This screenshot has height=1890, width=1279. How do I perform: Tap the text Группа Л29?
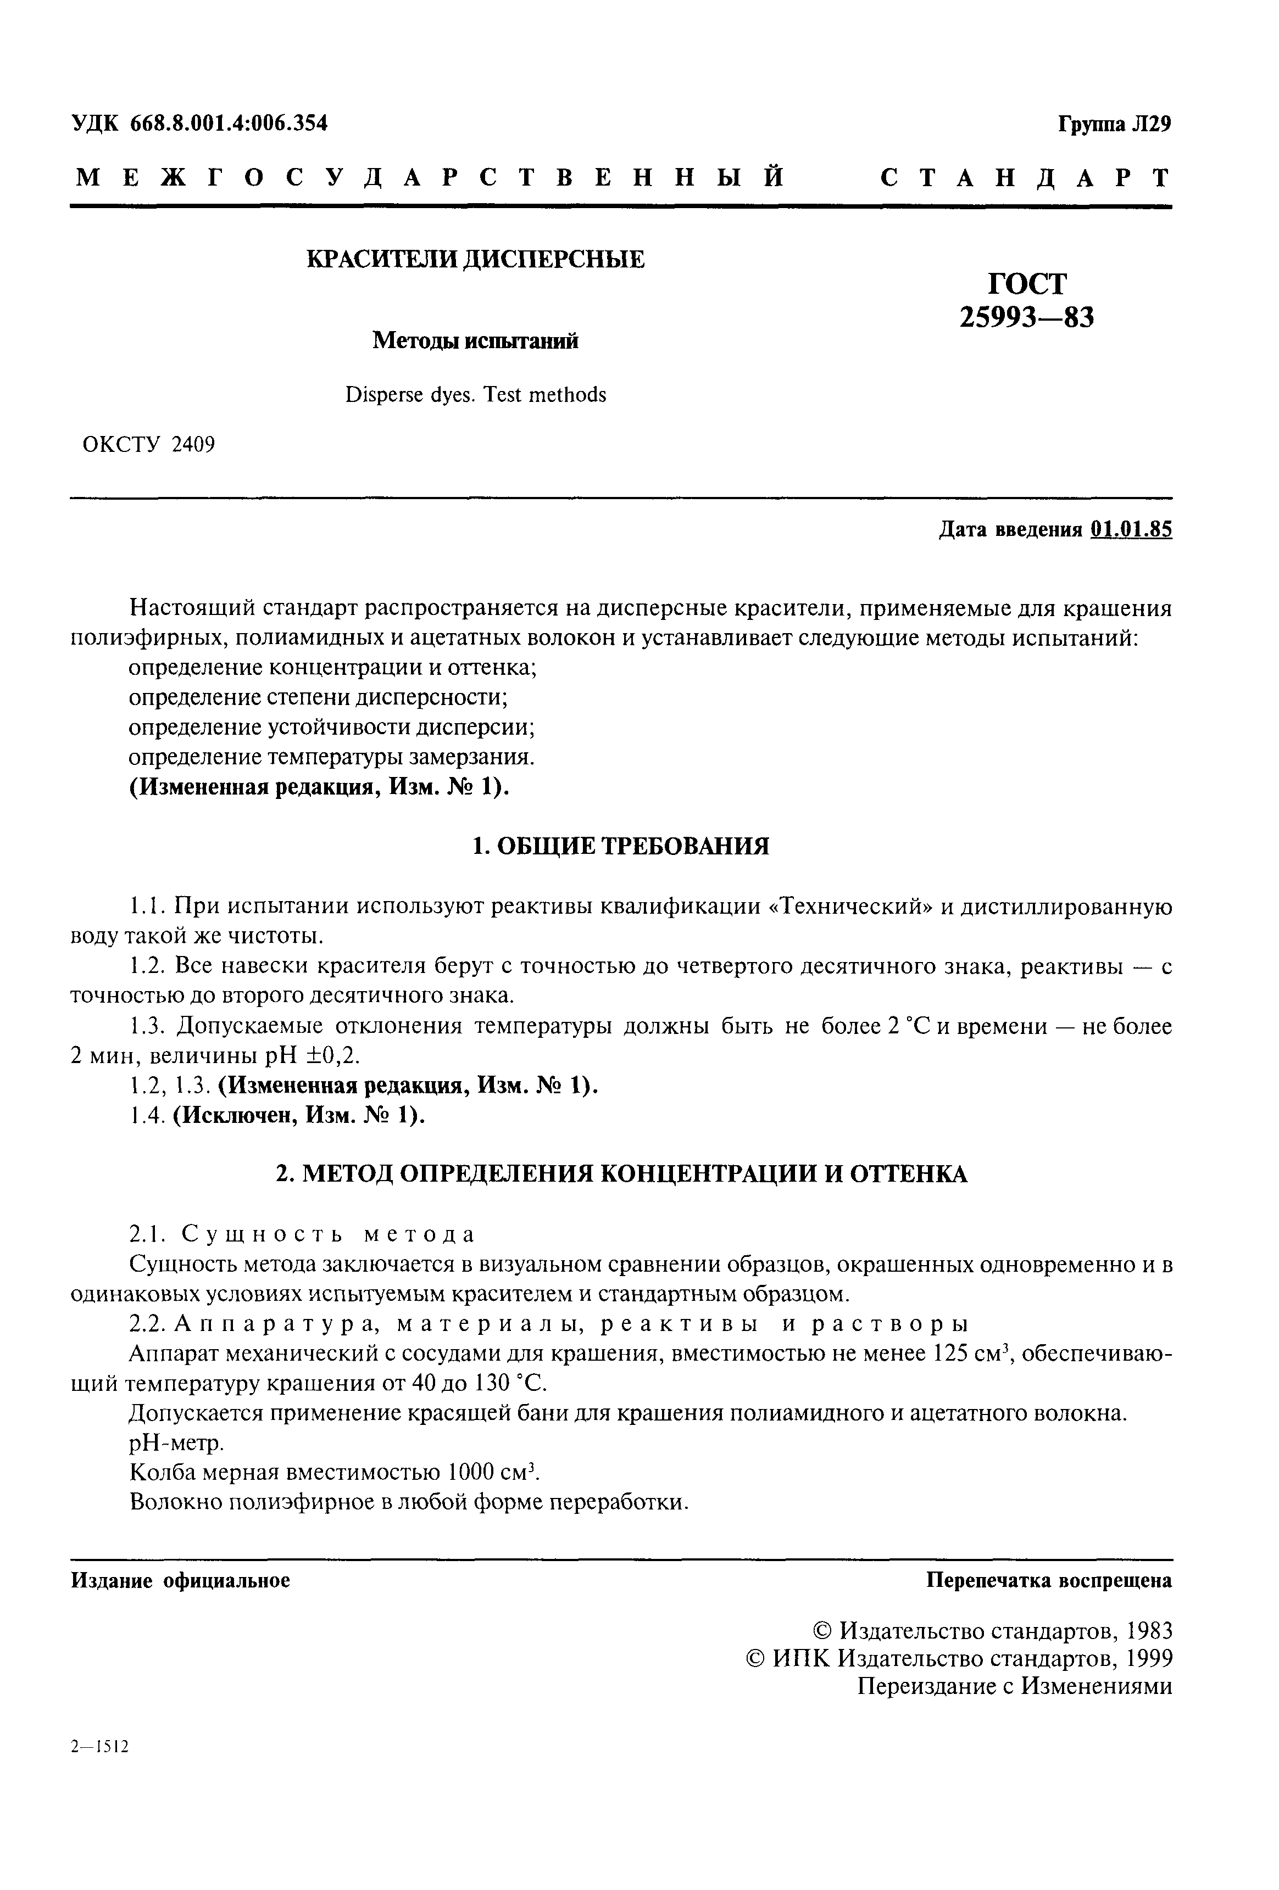(1115, 125)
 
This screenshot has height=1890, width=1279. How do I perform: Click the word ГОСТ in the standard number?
(1027, 284)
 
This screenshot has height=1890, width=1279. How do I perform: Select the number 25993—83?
(1027, 317)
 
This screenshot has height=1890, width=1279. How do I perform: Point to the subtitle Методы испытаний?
(476, 341)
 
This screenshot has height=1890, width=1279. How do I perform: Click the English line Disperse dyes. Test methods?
(476, 395)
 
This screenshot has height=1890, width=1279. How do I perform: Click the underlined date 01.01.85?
(1131, 530)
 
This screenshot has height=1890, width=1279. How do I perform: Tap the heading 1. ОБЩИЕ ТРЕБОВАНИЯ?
(621, 847)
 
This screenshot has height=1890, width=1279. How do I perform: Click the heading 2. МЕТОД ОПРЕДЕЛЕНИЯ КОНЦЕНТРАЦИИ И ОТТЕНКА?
(621, 1175)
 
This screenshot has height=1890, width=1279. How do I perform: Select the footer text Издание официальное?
(181, 1580)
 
